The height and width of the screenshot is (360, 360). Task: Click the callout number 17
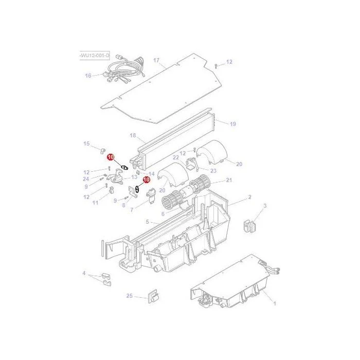point(156,60)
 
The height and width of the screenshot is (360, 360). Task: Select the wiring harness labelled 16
point(124,70)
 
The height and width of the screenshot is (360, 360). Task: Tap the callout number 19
point(233,124)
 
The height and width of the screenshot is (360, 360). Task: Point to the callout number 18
point(133,135)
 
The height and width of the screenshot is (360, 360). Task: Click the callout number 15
point(86,143)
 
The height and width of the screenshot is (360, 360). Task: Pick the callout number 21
point(229,180)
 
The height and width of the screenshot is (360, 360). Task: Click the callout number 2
point(250,197)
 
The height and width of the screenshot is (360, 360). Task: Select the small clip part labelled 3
point(249,226)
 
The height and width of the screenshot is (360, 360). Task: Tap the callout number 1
point(275,303)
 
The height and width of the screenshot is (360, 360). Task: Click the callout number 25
point(130,296)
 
